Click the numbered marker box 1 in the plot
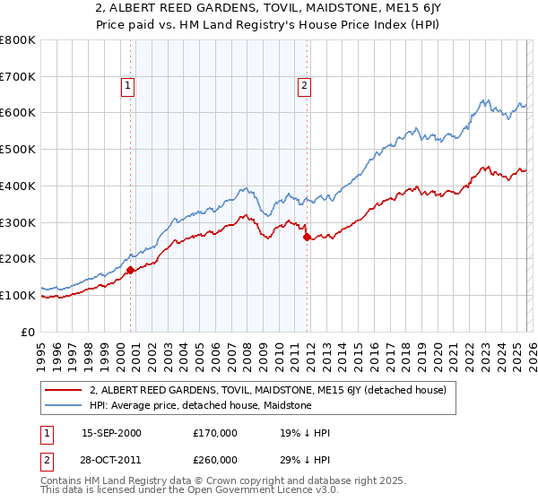click(x=127, y=86)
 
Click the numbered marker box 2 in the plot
click(x=304, y=86)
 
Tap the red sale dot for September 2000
click(x=131, y=269)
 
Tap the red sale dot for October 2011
click(x=307, y=237)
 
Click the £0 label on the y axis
click(x=27, y=332)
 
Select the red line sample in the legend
click(x=65, y=390)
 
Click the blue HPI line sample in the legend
click(x=65, y=405)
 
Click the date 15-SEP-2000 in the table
click(x=111, y=433)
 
